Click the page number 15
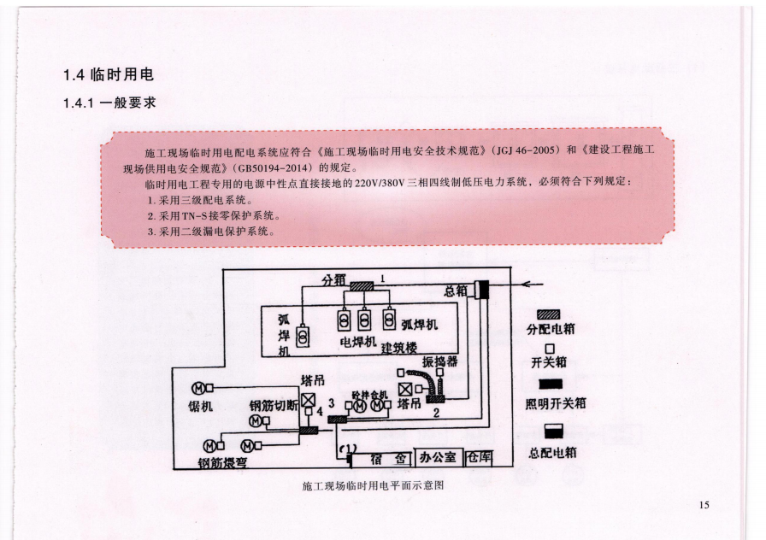click(704, 505)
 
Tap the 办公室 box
click(439, 458)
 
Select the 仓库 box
click(480, 458)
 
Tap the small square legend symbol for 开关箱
click(548, 348)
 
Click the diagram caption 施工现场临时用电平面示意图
click(374, 485)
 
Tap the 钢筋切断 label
click(274, 406)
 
